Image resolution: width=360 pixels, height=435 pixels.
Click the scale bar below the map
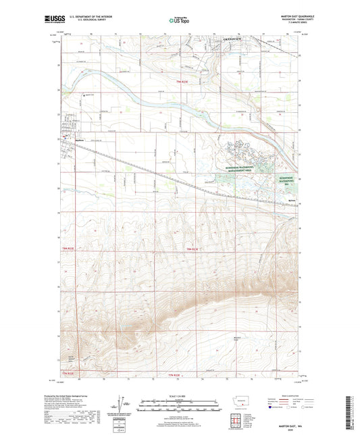click(x=179, y=408)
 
